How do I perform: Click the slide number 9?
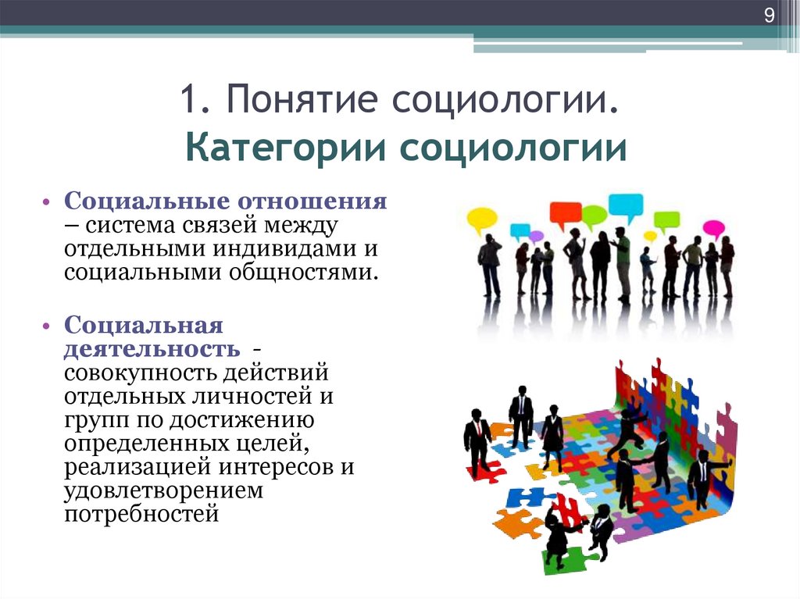pyautogui.click(x=769, y=16)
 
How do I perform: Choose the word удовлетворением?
pyautogui.click(x=164, y=491)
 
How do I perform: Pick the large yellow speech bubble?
pyautogui.click(x=482, y=219)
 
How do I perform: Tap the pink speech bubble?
pyautogui.click(x=713, y=229)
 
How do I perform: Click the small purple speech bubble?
pyautogui.click(x=536, y=236)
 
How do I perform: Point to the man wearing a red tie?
pyautogui.click(x=477, y=441)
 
